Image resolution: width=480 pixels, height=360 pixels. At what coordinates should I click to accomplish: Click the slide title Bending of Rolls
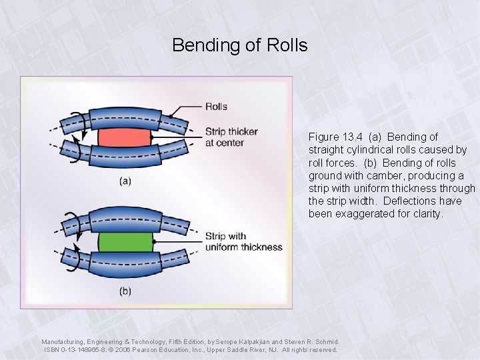tap(239, 45)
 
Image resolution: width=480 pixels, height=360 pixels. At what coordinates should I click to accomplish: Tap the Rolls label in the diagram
tap(217, 106)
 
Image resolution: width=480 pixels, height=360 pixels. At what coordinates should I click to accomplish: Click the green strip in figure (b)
tap(125, 242)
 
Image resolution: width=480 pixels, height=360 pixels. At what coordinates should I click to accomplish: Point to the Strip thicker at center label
tap(231, 137)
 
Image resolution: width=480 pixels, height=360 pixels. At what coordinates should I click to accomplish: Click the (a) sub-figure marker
tap(125, 181)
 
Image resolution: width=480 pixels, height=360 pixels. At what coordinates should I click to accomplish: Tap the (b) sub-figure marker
tap(125, 291)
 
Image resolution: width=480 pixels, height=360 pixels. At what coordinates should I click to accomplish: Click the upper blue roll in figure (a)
tap(123, 121)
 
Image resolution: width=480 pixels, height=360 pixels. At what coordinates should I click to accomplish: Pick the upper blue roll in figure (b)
tap(123, 224)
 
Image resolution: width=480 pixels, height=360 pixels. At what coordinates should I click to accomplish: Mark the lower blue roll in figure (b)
tap(123, 261)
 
